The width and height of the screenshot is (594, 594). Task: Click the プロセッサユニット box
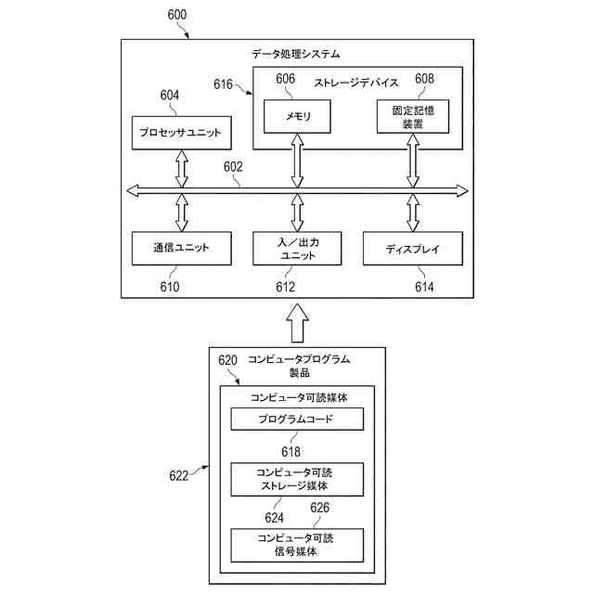182,133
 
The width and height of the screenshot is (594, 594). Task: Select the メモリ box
297,116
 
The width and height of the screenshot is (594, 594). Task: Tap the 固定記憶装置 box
413,116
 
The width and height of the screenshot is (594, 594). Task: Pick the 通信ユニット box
182,248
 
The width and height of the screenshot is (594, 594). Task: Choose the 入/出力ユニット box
297,248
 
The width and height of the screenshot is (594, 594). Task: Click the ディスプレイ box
413,248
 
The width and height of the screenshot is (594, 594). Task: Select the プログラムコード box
297,419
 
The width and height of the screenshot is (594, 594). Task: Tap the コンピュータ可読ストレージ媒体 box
297,479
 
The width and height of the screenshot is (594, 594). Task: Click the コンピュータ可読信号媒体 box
297,545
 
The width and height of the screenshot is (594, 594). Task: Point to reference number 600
177,15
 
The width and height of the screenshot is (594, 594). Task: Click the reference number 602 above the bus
233,167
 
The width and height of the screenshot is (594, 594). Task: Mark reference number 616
223,84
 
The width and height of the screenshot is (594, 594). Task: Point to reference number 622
179,476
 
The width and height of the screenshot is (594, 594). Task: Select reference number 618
291,452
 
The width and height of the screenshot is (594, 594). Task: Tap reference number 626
319,508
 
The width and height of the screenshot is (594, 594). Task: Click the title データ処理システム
296,54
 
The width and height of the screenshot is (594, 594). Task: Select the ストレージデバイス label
356,83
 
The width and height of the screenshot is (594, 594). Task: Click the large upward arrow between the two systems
297,323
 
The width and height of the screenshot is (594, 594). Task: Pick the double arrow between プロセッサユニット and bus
182,169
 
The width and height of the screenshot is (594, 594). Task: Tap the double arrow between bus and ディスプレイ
413,213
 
